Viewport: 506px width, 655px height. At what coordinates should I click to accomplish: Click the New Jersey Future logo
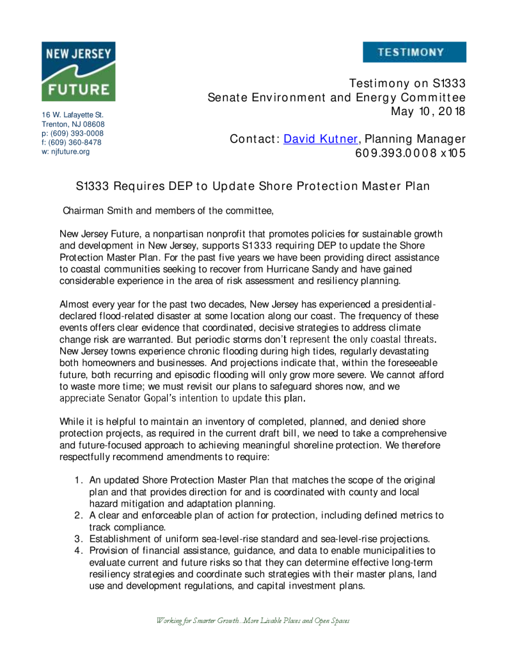click(x=78, y=71)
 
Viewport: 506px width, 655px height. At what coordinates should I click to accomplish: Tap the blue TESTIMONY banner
click(x=414, y=52)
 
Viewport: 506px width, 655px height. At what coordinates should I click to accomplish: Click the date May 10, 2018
click(x=428, y=111)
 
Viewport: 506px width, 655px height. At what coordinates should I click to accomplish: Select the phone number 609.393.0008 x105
click(x=410, y=154)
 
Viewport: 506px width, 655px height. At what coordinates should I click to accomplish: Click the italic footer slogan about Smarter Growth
click(x=253, y=620)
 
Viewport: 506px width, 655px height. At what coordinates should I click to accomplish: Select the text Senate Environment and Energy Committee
click(x=336, y=98)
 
